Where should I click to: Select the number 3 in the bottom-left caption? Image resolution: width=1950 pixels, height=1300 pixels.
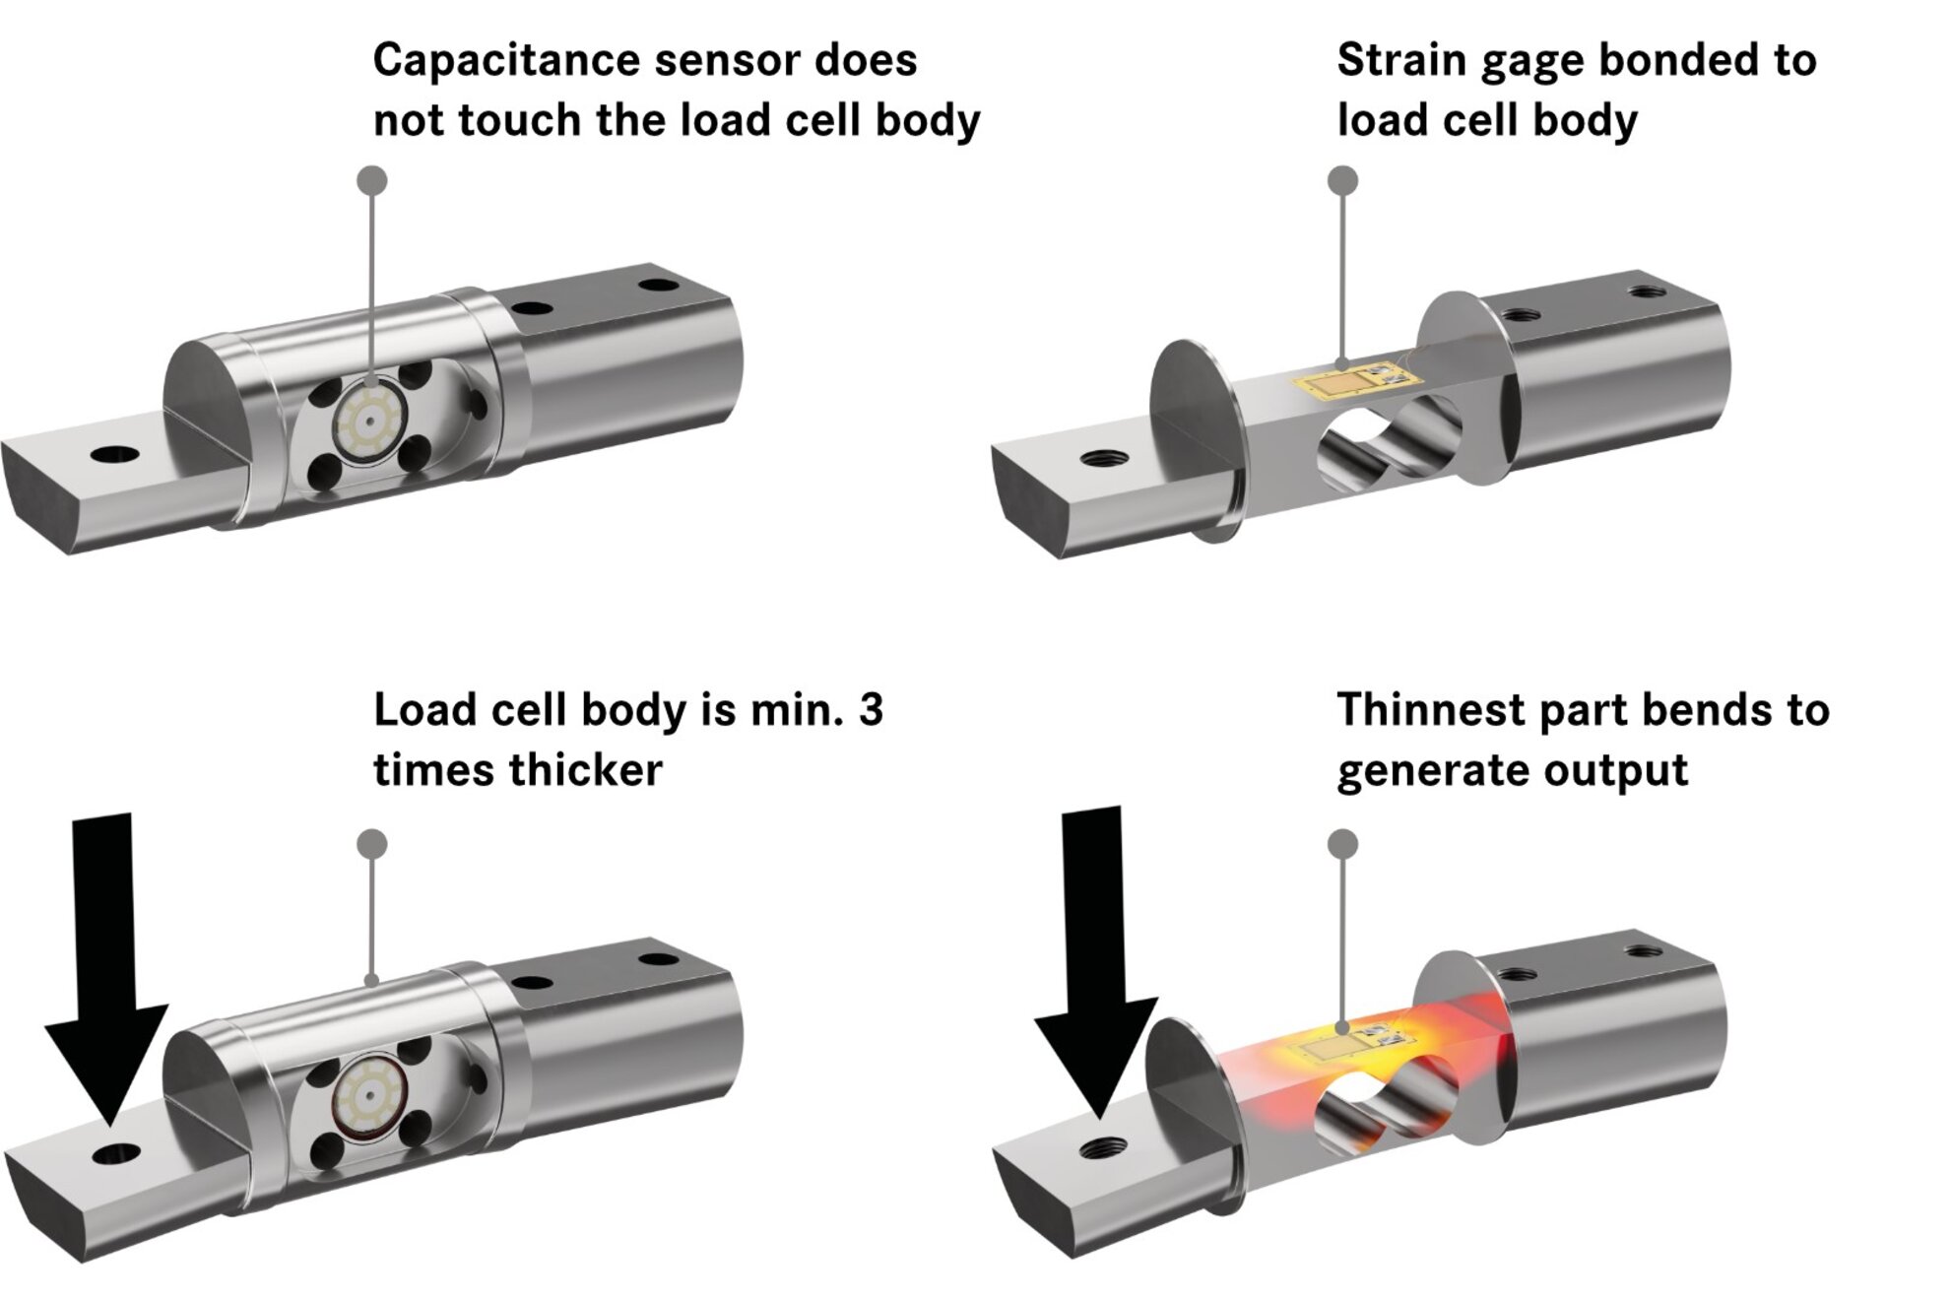click(x=871, y=710)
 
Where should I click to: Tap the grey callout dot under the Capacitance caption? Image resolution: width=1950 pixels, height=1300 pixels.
click(x=371, y=180)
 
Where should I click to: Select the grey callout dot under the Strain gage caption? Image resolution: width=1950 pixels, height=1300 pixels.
click(x=1342, y=180)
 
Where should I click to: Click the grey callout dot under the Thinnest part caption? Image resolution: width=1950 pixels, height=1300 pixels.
click(x=1342, y=844)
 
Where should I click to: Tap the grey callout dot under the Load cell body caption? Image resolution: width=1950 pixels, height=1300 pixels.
click(x=371, y=844)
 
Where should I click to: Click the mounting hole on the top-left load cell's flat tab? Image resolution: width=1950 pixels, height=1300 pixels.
click(x=114, y=455)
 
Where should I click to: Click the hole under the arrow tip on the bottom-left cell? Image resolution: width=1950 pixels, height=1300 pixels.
click(x=115, y=1153)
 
